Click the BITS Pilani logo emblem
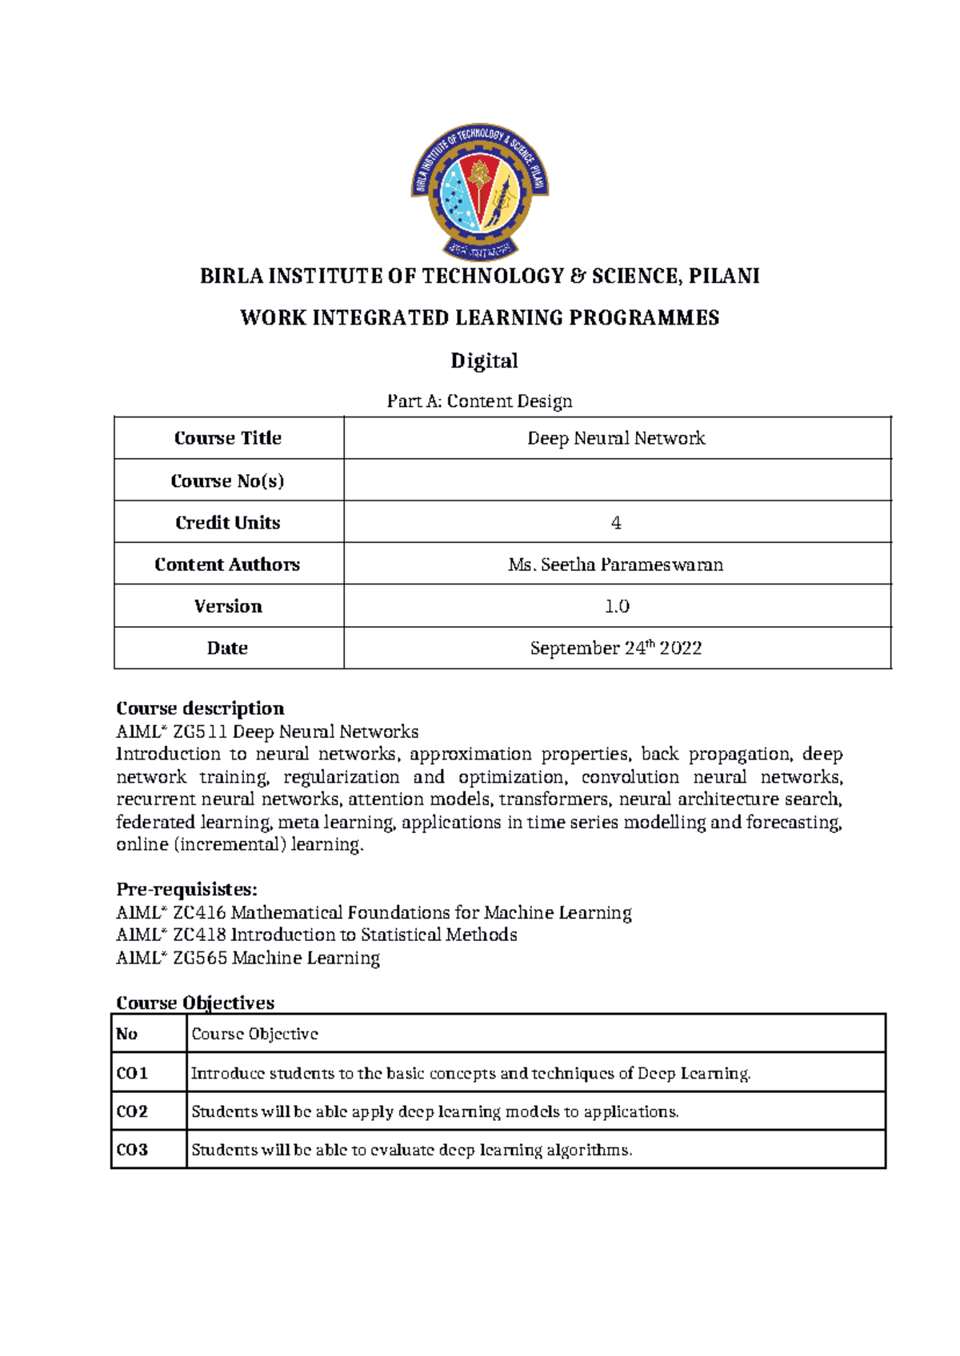(x=480, y=192)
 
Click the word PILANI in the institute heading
(x=724, y=276)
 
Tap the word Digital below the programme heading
(x=484, y=361)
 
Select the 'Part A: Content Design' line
(x=479, y=401)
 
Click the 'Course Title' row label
(x=228, y=438)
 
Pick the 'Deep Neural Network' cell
(x=616, y=438)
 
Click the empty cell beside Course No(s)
(x=616, y=481)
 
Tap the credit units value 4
(x=616, y=523)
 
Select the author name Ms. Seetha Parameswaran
(x=616, y=564)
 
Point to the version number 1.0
(x=617, y=606)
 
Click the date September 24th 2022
(x=616, y=648)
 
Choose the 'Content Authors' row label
(x=227, y=564)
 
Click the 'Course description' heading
(x=200, y=708)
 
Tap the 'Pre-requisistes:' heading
(x=186, y=889)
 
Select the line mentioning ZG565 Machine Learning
(x=248, y=958)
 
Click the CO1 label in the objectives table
(x=132, y=1073)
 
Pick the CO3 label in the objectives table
(x=132, y=1150)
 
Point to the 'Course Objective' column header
(x=254, y=1034)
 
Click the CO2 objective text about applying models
(x=434, y=1111)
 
